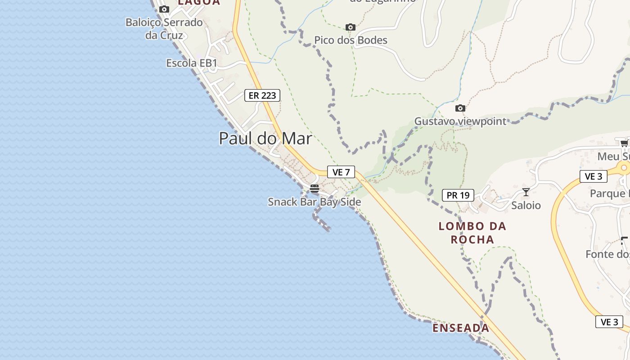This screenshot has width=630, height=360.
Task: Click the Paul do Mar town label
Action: [265, 138]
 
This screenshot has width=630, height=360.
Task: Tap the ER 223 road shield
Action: [262, 95]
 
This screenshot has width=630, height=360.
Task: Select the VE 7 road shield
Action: [341, 172]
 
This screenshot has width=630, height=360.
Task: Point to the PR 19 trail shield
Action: [458, 195]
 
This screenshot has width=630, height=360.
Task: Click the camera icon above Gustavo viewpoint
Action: [460, 108]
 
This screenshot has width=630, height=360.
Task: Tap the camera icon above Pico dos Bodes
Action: [351, 27]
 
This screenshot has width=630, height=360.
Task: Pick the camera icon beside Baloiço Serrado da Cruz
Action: [164, 9]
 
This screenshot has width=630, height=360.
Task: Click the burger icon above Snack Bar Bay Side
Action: [315, 189]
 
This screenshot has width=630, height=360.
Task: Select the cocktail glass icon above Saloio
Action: [526, 193]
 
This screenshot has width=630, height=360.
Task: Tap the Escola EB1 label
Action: [192, 63]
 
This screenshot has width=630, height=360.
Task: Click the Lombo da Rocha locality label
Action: [472, 233]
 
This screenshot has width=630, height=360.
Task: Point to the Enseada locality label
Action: [461, 328]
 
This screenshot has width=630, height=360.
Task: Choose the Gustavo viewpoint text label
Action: [460, 121]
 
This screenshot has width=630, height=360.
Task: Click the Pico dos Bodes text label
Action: [351, 40]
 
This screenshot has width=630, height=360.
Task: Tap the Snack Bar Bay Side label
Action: [315, 202]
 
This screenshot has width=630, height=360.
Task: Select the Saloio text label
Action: [526, 206]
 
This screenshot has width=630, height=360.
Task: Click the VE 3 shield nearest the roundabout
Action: [594, 176]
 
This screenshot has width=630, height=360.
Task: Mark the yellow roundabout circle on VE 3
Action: [624, 168]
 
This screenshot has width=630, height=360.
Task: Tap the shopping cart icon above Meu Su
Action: [624, 144]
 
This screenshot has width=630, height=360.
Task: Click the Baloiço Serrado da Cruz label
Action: [164, 28]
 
